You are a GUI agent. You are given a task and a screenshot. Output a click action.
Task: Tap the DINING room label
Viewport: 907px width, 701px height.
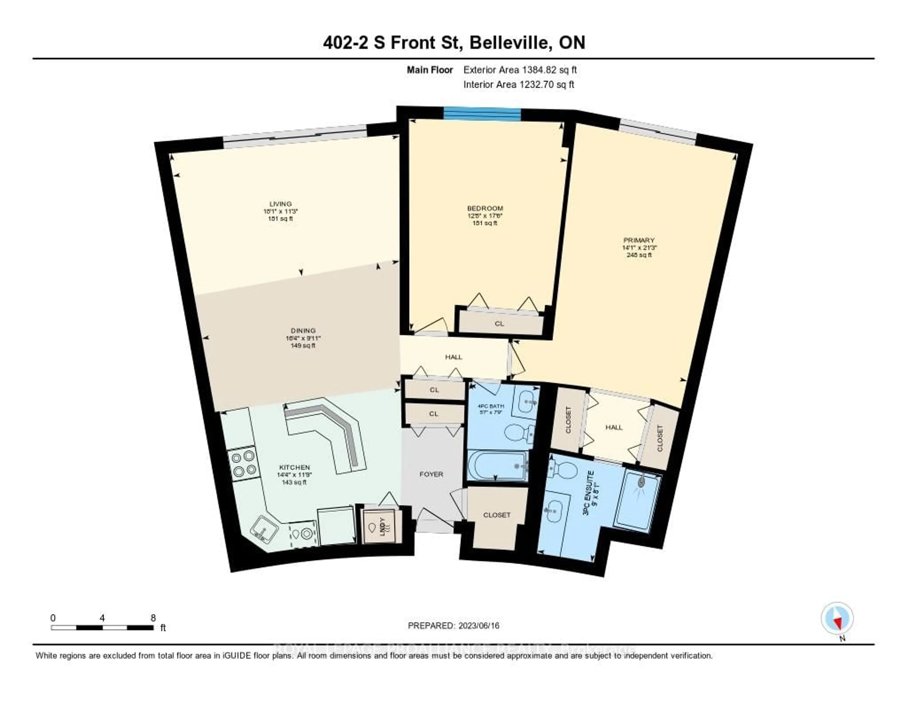(303, 331)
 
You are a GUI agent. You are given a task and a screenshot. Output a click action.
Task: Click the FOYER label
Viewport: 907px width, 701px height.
(431, 474)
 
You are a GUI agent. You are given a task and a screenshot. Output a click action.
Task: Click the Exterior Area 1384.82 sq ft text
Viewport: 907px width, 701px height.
(520, 70)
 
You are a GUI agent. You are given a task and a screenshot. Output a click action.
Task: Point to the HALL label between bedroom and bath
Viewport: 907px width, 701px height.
(453, 357)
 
